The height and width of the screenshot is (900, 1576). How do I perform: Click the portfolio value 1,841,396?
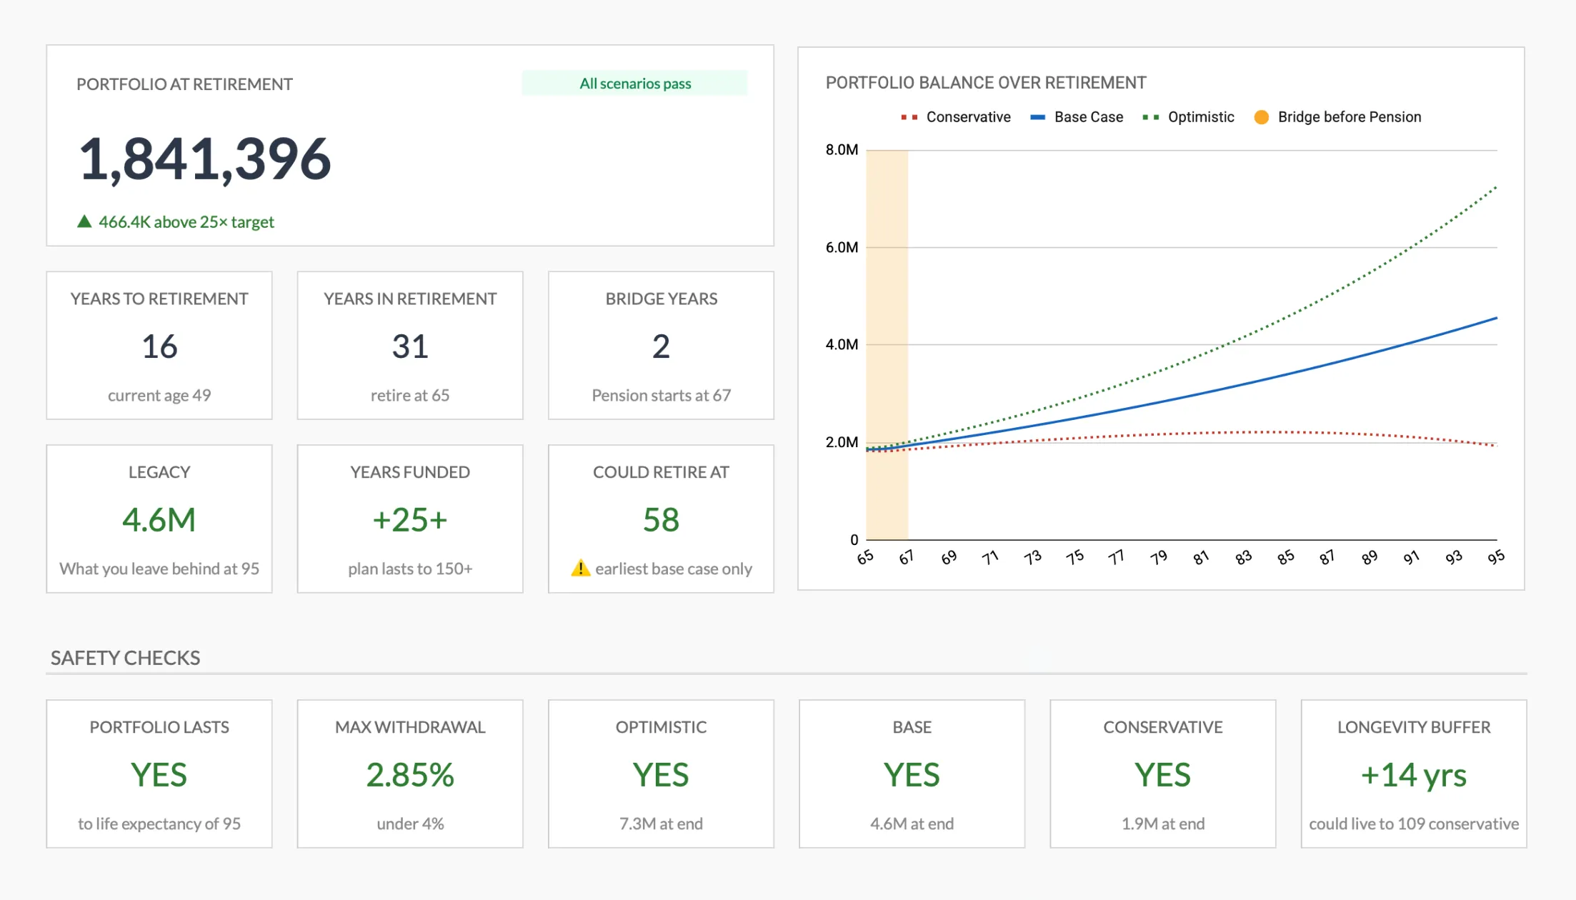(x=204, y=159)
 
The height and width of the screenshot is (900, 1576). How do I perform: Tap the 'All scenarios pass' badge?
(x=634, y=84)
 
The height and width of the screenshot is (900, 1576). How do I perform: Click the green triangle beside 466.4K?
(x=84, y=221)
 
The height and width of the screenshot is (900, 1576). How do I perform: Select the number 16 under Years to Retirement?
(x=159, y=346)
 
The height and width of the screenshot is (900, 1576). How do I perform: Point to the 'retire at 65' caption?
(x=409, y=395)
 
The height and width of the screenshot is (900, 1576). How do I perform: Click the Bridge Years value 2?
(x=661, y=346)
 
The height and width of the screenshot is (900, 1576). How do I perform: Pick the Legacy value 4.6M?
(x=159, y=520)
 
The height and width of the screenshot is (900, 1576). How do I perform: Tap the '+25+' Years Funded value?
(x=409, y=520)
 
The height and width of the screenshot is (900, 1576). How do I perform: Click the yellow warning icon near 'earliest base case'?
(x=580, y=569)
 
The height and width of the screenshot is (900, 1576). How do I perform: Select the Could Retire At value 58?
(x=661, y=520)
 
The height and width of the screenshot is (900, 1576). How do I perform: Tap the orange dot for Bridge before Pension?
(x=1262, y=117)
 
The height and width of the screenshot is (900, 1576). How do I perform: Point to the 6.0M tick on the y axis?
(x=842, y=247)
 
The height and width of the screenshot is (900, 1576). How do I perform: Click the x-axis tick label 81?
(x=1201, y=558)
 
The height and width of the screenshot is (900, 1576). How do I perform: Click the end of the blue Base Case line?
(x=1495, y=319)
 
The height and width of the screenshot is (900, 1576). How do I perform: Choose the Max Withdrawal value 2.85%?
(x=409, y=775)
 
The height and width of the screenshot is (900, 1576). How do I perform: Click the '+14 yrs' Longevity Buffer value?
(x=1413, y=775)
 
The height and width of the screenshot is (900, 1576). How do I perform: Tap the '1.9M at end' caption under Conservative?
(x=1162, y=824)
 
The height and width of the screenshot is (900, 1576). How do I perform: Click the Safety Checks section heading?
(x=125, y=658)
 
